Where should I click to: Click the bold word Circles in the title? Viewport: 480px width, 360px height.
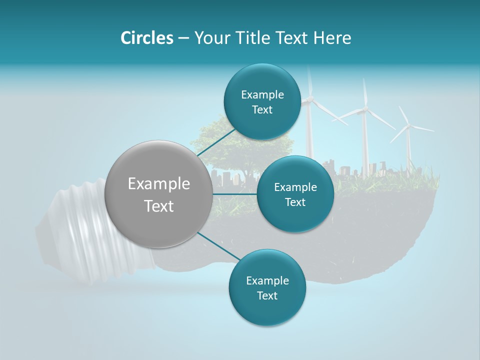[146, 38]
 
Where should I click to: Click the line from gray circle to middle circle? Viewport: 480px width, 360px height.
[235, 193]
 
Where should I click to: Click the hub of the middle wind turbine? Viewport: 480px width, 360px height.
[365, 108]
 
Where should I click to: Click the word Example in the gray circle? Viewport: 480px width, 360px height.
[159, 184]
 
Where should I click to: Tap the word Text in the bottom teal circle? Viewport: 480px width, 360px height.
[267, 295]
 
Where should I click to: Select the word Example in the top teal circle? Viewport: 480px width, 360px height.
[262, 94]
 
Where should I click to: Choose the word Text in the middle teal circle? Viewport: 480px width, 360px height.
[295, 202]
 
